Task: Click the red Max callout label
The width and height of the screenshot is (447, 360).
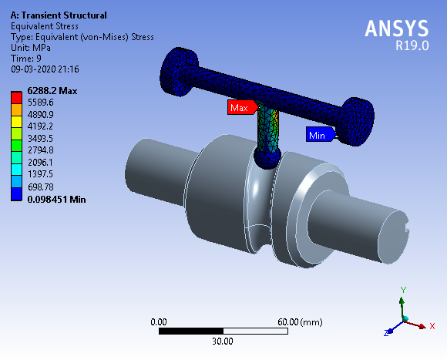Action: tap(240, 108)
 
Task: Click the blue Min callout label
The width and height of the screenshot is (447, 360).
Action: tap(318, 135)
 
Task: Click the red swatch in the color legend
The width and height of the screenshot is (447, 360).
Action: tap(15, 96)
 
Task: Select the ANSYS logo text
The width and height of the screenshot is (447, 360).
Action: tap(396, 29)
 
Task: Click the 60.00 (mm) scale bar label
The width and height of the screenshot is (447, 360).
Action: tap(300, 321)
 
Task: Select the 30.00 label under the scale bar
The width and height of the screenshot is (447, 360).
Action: tap(223, 341)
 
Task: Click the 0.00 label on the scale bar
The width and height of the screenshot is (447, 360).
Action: tap(159, 321)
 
